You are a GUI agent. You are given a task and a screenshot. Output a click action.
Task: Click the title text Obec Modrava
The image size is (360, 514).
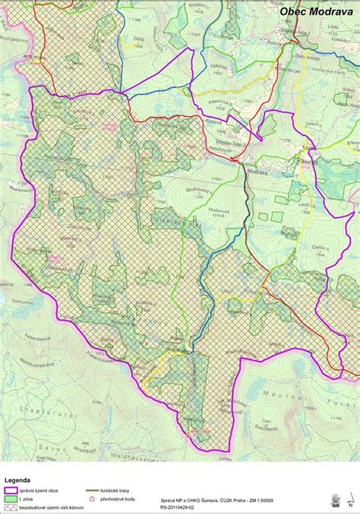coord(316,11)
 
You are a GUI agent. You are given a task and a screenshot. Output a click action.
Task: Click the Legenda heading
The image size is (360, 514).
coord(17,481)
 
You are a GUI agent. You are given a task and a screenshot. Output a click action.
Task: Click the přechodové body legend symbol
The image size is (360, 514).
coord(93,499)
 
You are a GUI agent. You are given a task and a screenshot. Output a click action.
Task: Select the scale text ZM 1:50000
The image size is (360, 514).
coord(263,501)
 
